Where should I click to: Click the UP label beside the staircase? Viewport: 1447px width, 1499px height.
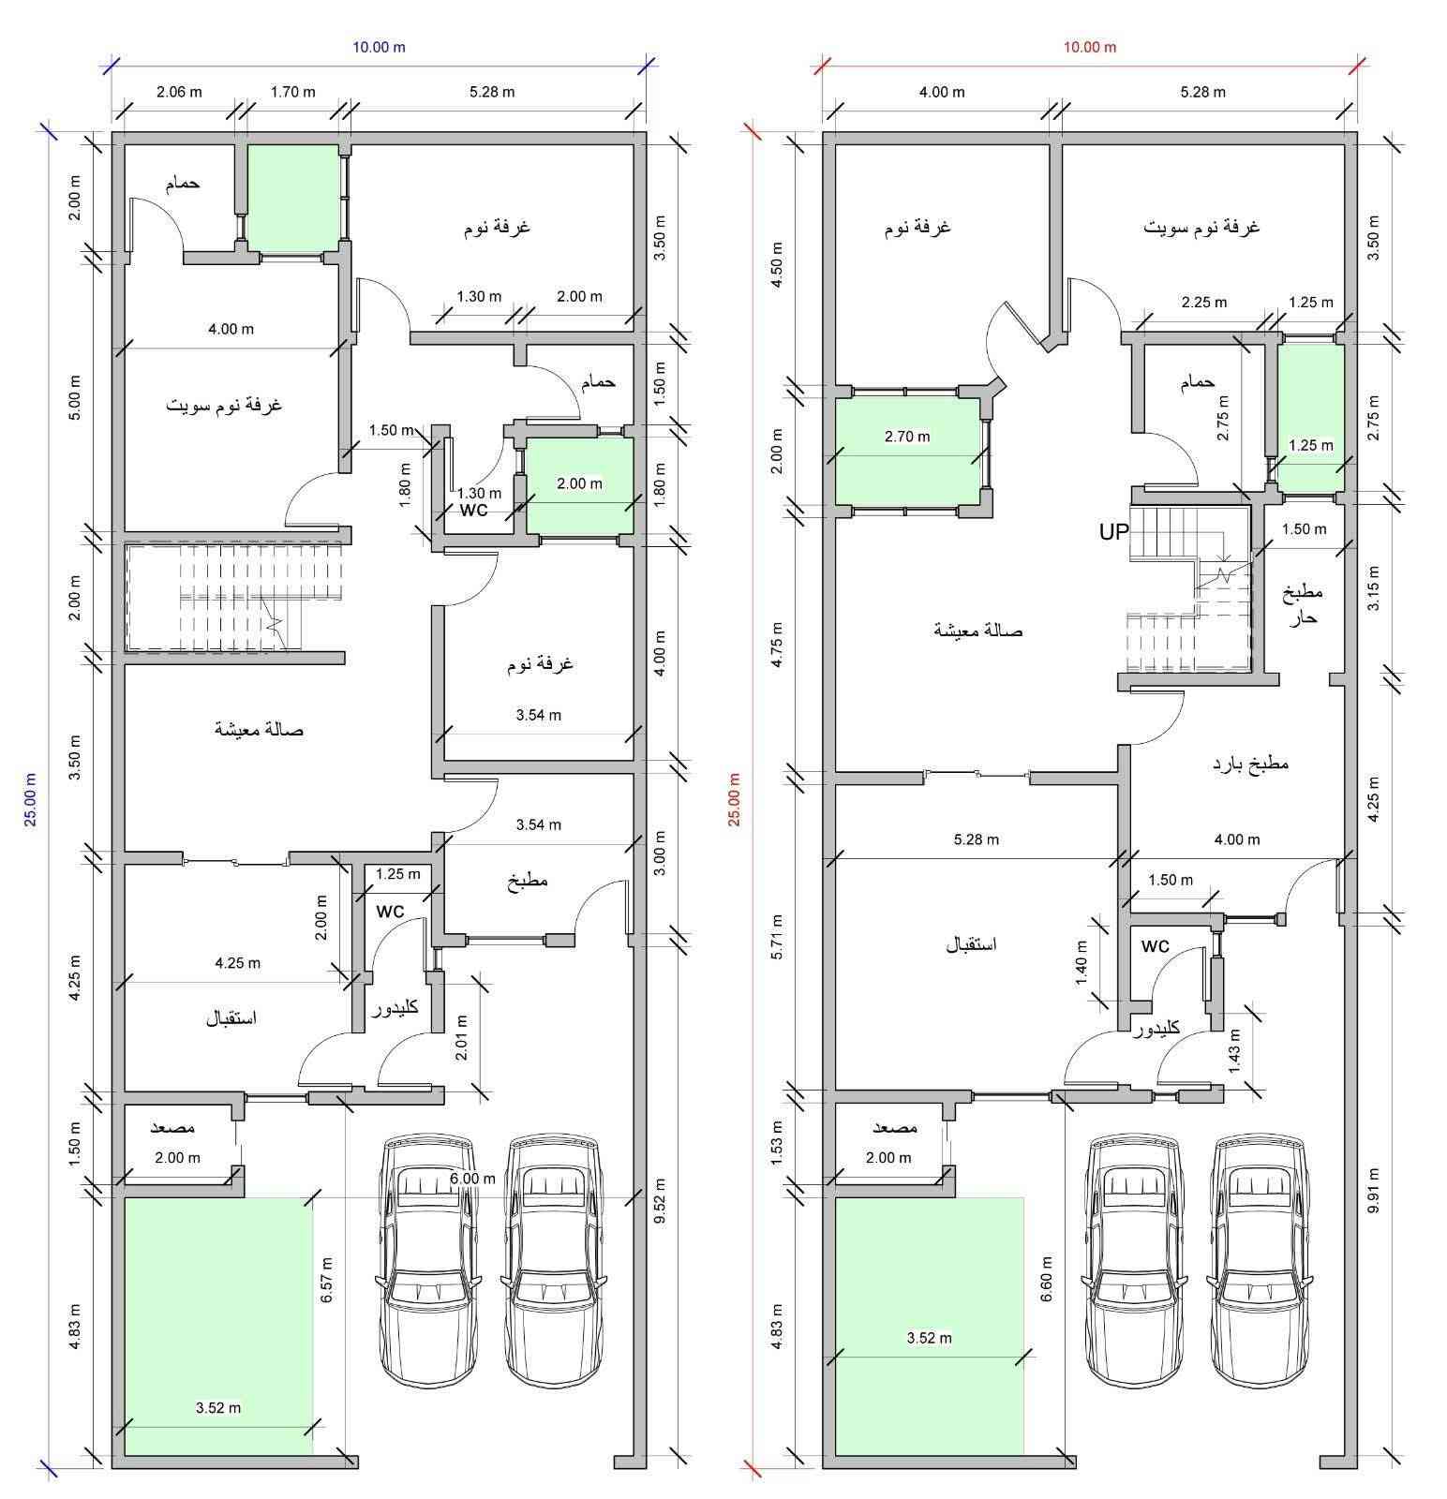pyautogui.click(x=1114, y=532)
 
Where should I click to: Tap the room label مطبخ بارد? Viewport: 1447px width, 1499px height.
pyautogui.click(x=1250, y=764)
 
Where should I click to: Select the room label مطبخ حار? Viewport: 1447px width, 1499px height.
pyautogui.click(x=1303, y=604)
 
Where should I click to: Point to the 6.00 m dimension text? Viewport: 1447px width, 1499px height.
pyautogui.click(x=472, y=1179)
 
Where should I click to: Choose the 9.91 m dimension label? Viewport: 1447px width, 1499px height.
pyautogui.click(x=1373, y=1190)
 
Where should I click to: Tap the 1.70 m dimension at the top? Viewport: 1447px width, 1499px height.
pyautogui.click(x=292, y=92)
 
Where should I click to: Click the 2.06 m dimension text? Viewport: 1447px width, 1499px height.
pyautogui.click(x=178, y=92)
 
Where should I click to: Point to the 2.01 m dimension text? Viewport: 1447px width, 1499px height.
pyautogui.click(x=460, y=1037)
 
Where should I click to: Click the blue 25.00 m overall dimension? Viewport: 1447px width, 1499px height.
pyautogui.click(x=30, y=798)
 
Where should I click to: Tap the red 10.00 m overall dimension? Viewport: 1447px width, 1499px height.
pyautogui.click(x=1089, y=47)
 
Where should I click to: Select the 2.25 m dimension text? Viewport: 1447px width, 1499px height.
pyautogui.click(x=1203, y=303)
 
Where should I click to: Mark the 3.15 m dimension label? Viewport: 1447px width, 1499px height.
pyautogui.click(x=1373, y=587)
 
